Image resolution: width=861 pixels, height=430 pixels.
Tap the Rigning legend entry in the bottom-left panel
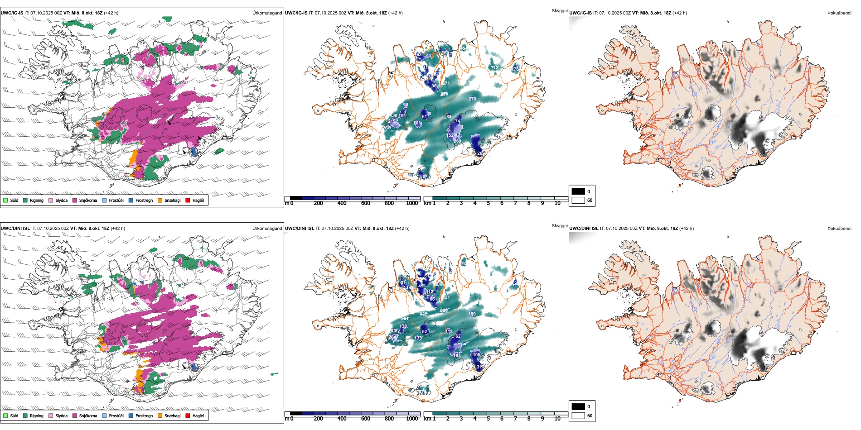(36, 416)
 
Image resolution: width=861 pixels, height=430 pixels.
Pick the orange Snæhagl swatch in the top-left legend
(160, 200)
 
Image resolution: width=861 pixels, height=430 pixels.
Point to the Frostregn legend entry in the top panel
(144, 200)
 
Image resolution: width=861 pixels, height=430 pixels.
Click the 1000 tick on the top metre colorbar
(412, 203)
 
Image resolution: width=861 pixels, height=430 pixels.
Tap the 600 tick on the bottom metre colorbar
(366, 419)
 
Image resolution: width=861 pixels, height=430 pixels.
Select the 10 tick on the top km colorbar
(557, 203)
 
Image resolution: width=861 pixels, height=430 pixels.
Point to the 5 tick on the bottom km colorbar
(489, 419)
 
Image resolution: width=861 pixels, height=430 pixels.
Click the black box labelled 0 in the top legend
(578, 191)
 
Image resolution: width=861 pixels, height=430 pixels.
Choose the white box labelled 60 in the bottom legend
(578, 416)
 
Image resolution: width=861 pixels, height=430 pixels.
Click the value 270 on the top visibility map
(472, 99)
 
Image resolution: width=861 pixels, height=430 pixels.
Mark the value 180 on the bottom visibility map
(472, 314)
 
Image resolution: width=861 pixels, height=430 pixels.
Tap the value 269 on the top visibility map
(457, 141)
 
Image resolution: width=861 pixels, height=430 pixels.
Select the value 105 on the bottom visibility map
(476, 355)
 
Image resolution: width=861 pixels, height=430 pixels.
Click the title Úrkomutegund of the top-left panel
(267, 13)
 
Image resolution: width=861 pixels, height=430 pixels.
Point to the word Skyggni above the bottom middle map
(559, 225)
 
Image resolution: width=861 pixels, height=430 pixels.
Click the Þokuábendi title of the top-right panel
(839, 13)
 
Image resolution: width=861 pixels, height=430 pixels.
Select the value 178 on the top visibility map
(515, 69)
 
